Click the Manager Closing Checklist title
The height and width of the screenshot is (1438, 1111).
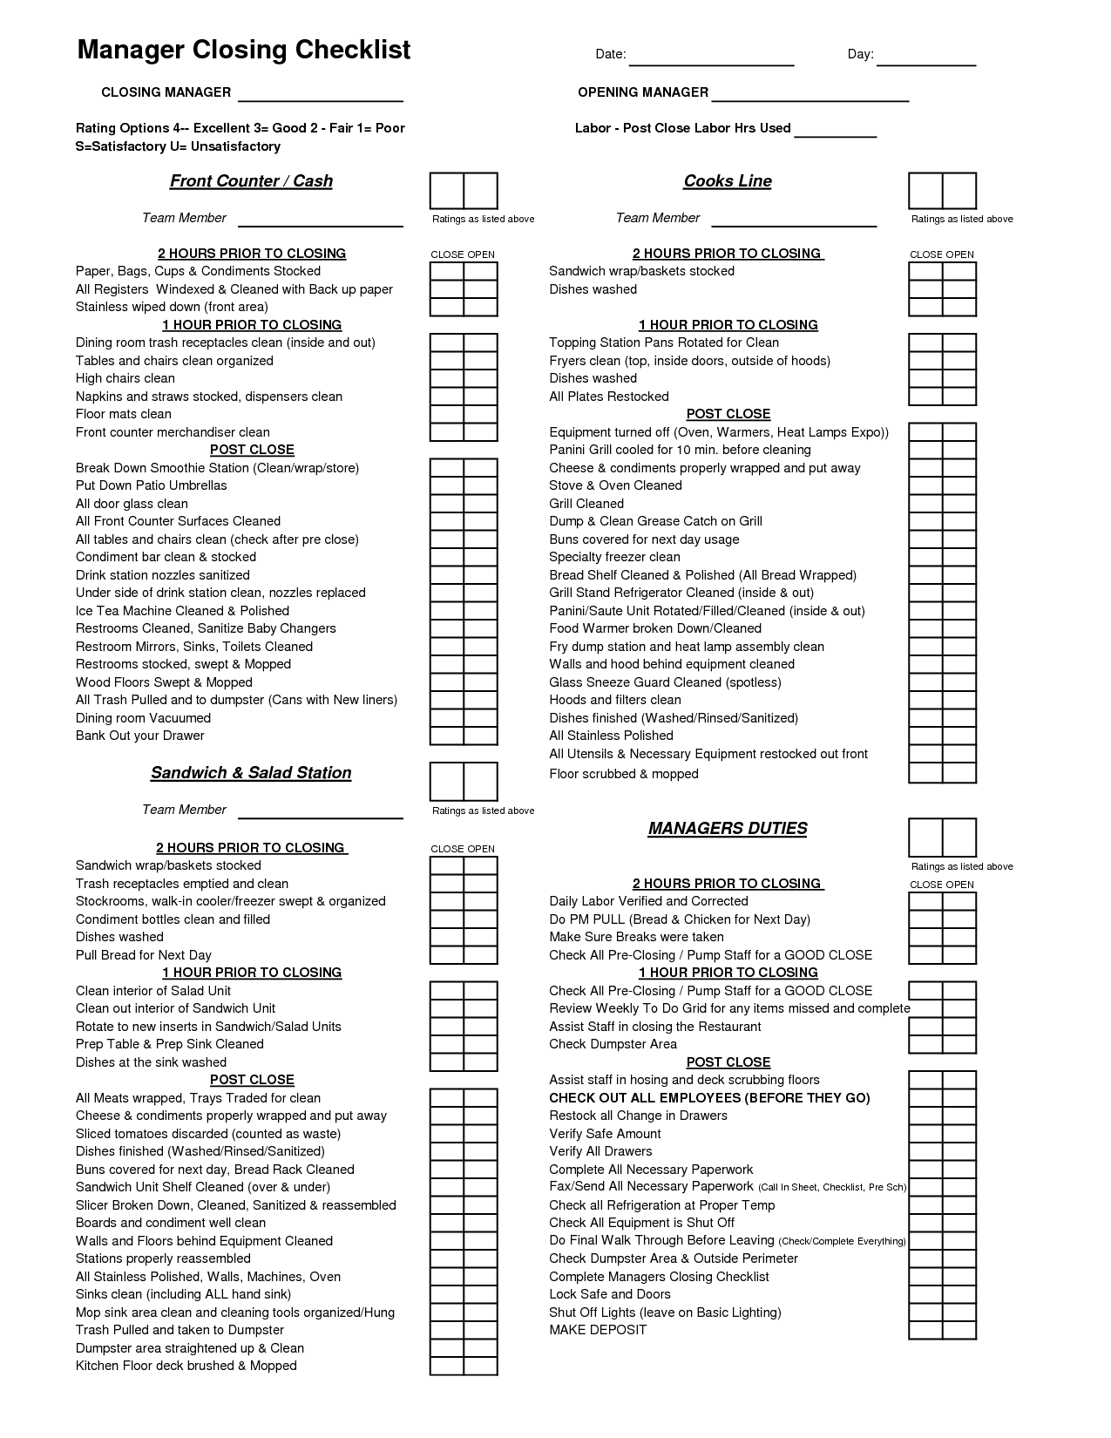244,50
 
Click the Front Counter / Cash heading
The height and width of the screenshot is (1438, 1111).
251,181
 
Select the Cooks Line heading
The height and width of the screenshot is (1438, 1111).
728,181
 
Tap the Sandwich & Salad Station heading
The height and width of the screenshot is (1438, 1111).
251,773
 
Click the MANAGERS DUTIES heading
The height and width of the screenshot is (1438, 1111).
728,829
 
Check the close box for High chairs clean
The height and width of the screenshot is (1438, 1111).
447,379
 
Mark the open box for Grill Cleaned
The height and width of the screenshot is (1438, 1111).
959,504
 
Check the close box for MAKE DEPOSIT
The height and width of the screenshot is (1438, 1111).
925,1330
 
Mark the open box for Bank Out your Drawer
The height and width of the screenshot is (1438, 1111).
480,736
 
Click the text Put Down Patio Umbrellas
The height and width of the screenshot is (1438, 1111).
151,485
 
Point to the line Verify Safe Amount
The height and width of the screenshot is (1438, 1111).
605,1134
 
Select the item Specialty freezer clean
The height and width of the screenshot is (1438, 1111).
614,557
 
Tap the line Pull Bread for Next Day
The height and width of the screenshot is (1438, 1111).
144,955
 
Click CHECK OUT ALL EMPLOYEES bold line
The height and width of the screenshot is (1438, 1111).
709,1098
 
